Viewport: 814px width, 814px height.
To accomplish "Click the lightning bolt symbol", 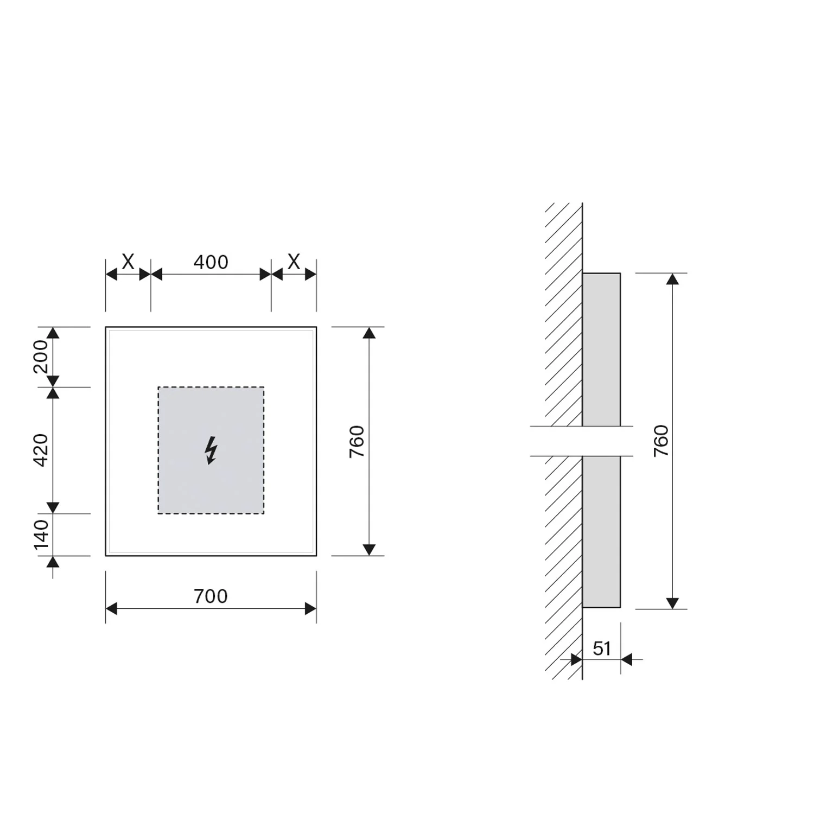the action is (211, 450).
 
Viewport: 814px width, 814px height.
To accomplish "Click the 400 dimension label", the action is (211, 262).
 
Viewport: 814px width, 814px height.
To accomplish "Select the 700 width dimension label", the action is (211, 596).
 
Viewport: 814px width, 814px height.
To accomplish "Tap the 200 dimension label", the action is (41, 357).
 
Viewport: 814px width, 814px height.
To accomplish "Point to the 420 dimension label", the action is (41, 450).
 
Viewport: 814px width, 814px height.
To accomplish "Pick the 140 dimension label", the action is (41, 535).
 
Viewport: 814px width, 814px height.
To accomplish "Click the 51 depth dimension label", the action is (602, 648).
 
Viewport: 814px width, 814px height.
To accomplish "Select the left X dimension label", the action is (128, 262).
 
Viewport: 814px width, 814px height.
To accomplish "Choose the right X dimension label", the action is (294, 262).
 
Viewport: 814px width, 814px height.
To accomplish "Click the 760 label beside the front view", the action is (357, 441).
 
